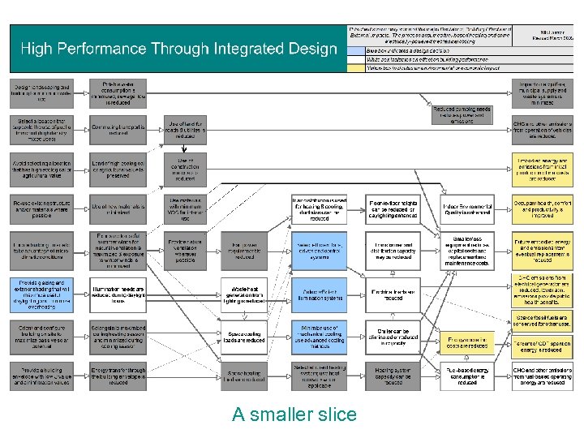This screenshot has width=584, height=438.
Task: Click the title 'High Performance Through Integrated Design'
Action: [178, 49]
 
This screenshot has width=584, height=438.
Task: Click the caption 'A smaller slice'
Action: [294, 414]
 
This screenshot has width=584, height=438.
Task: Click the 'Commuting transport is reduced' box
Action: [118, 130]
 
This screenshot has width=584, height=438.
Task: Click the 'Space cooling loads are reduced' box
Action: [246, 337]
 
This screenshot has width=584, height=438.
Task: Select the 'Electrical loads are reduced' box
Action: [393, 294]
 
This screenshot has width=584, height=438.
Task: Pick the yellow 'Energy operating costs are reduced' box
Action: [467, 341]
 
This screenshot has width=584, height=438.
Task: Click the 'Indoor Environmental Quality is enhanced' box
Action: [467, 208]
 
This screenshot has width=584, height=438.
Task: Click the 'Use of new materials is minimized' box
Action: [118, 208]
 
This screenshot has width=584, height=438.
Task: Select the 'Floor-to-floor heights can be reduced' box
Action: [393, 208]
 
